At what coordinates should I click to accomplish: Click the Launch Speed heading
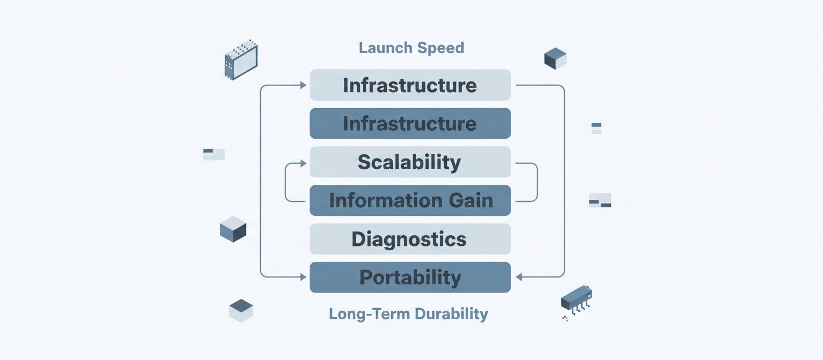tap(411, 48)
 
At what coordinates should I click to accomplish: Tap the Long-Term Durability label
tap(408, 313)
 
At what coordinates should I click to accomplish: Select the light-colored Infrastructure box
tap(410, 85)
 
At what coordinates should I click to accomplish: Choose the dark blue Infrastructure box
tap(410, 124)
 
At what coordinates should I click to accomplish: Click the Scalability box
tap(410, 162)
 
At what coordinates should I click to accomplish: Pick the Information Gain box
tap(410, 201)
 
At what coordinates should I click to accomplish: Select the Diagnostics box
tap(410, 239)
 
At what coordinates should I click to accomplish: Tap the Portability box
tap(410, 277)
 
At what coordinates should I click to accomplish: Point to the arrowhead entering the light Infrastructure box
tap(303, 85)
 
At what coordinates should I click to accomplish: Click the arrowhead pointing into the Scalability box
tap(303, 162)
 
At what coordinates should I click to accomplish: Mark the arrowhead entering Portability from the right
tap(518, 277)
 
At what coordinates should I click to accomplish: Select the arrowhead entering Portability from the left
tap(303, 277)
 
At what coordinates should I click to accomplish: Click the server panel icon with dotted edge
tap(241, 59)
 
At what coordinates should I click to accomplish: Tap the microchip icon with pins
tap(576, 299)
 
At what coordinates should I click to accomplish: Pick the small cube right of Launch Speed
tap(555, 58)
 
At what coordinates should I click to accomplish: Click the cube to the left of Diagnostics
tap(233, 229)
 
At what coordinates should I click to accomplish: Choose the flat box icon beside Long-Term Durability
tap(241, 310)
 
